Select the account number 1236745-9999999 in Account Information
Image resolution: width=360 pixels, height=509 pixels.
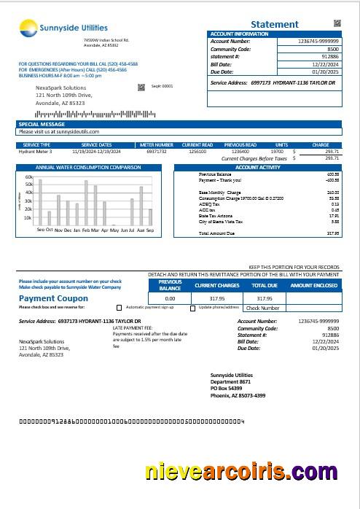tap(318, 42)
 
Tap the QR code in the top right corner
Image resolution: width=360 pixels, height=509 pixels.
tap(337, 23)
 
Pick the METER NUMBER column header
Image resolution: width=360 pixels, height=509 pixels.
tap(157, 145)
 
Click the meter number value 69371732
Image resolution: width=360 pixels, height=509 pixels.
tap(157, 151)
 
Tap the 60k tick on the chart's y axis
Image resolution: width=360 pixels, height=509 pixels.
tap(28, 177)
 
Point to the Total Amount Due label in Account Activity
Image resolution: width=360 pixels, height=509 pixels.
tap(216, 233)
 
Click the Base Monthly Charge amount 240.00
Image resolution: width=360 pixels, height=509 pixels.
tap(332, 193)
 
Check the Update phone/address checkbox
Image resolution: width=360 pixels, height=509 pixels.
tap(192, 308)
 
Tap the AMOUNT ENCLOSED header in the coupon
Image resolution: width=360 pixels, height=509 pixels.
tap(315, 285)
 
